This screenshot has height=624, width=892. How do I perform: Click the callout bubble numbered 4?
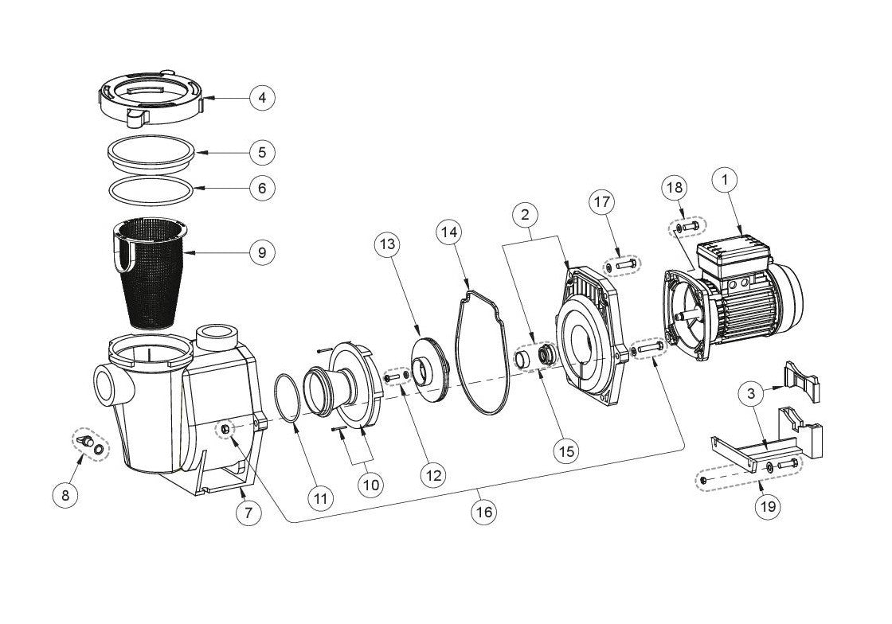click(262, 98)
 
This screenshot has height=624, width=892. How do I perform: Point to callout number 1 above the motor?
click(726, 181)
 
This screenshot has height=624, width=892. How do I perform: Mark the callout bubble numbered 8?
click(65, 494)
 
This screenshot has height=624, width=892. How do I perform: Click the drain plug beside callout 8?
click(86, 441)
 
